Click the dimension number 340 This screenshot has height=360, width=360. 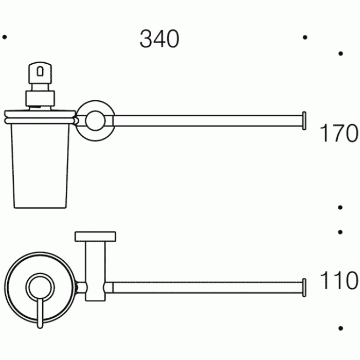[159, 39]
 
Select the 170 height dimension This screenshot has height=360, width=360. [338, 134]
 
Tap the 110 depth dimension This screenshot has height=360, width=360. [338, 281]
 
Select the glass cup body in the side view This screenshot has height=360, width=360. [39, 164]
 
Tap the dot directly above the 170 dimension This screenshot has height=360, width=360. [340, 53]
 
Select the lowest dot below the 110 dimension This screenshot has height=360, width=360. [340, 328]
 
